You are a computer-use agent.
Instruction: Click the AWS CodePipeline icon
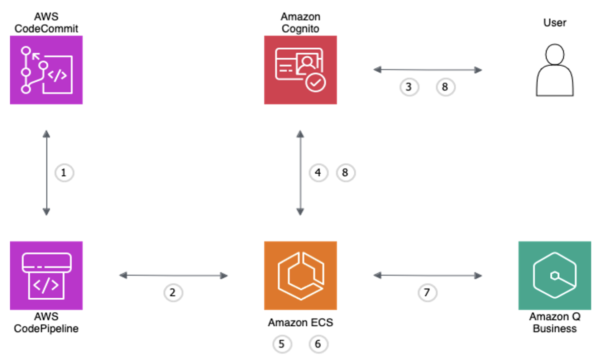46,275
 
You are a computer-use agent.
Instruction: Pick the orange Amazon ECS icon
300,275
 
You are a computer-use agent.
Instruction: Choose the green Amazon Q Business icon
554,275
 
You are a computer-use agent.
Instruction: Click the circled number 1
63,173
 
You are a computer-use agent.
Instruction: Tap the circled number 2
173,292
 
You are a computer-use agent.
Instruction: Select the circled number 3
409,87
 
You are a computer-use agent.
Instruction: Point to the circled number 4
318,173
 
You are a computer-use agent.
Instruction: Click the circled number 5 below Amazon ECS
282,344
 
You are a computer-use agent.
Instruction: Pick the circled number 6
318,344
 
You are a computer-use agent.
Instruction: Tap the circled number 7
427,292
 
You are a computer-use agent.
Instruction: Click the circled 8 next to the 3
445,87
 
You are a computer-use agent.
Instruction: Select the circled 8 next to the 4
345,173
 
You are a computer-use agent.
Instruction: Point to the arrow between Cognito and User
428,70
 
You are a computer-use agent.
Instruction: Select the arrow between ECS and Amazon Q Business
428,275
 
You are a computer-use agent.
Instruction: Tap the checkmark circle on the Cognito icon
316,82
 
